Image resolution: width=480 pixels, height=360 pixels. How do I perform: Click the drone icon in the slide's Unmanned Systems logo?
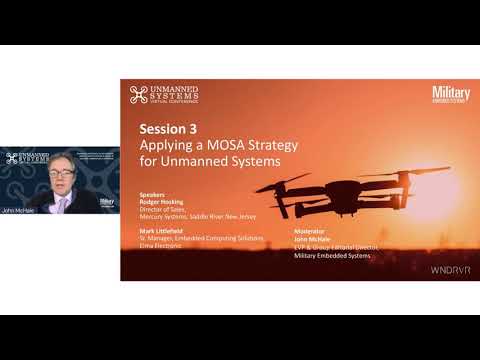click(137, 95)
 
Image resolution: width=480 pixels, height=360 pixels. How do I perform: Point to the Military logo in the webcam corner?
click(107, 200)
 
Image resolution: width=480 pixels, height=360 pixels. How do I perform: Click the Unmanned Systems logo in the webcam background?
click(26, 158)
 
